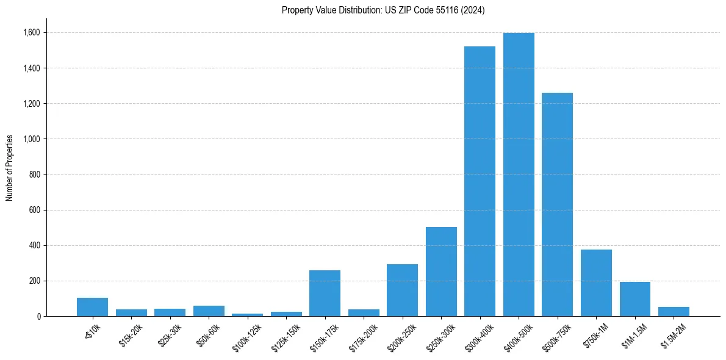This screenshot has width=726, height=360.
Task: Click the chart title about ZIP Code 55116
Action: [x=383, y=10]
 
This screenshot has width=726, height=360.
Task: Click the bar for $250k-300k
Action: [x=441, y=272]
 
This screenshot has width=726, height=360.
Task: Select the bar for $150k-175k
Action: [x=325, y=293]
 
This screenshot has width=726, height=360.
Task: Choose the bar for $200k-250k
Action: [x=402, y=290]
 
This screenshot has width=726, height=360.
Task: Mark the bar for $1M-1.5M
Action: [x=634, y=299]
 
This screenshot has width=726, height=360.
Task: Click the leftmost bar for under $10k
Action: [x=92, y=307]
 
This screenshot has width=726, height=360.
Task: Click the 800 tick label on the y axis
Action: [x=35, y=175]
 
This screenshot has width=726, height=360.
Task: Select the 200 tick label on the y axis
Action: [x=35, y=281]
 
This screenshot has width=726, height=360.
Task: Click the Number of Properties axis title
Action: [x=10, y=167]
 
